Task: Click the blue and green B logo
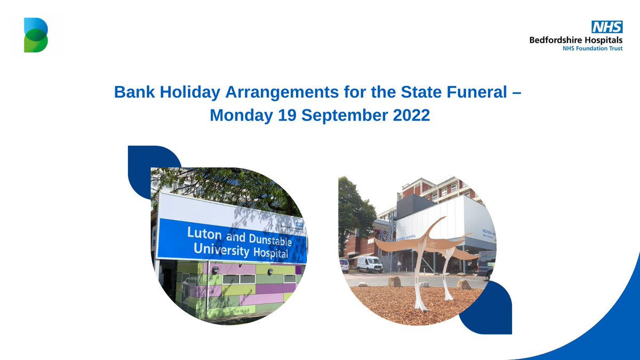(36, 35)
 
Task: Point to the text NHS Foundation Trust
(593, 48)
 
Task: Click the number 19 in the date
(288, 115)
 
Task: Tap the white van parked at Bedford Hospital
(367, 264)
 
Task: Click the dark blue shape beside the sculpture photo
(488, 309)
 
